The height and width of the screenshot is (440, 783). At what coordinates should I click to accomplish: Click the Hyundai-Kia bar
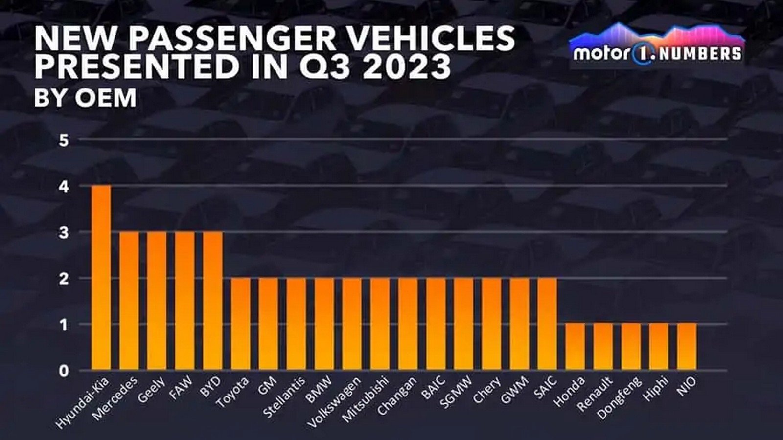tap(101, 277)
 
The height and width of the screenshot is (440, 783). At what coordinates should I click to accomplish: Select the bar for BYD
tap(212, 300)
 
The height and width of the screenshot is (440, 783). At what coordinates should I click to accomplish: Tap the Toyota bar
tap(240, 323)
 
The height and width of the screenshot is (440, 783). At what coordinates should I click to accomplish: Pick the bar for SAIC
tap(547, 323)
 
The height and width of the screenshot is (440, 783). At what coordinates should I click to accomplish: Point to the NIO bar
tap(687, 346)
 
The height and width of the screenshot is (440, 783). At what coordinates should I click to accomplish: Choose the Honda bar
tap(575, 346)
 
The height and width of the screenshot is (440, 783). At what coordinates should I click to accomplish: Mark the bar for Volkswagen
tap(352, 323)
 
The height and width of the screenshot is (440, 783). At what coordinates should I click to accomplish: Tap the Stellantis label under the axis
tap(284, 397)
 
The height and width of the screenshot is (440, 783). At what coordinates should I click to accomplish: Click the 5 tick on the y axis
tap(64, 140)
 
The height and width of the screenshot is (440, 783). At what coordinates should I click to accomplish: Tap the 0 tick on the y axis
tap(64, 371)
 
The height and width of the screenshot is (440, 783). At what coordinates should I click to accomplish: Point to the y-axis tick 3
tap(64, 233)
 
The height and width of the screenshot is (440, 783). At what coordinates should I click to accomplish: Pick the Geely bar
tap(157, 300)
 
